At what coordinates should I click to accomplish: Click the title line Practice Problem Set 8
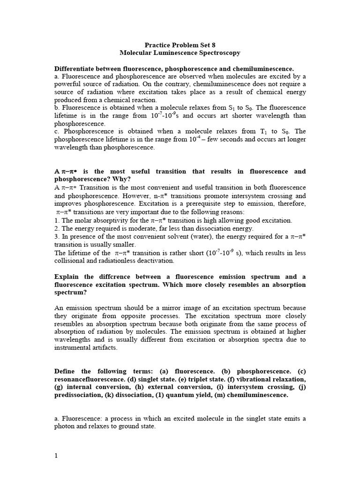click(180, 45)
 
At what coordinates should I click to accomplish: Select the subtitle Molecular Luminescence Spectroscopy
click(180, 53)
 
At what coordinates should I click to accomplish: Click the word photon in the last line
click(66, 427)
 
